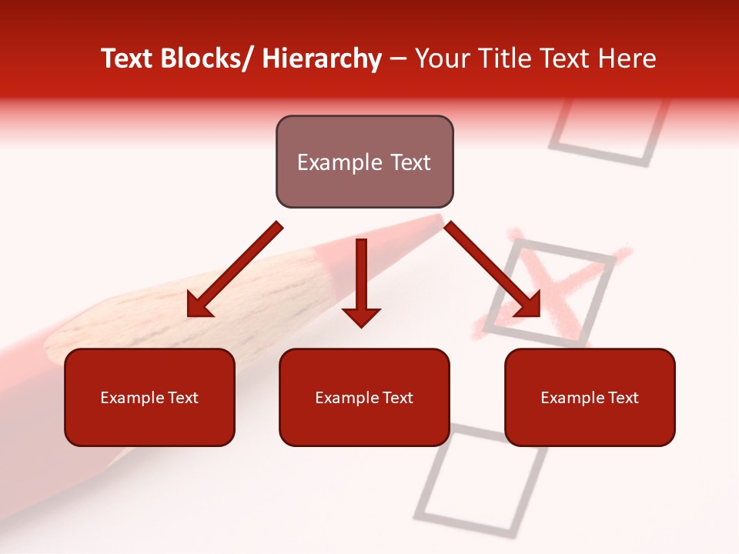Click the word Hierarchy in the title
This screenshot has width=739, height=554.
tap(322, 58)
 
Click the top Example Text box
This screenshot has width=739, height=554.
tap(364, 162)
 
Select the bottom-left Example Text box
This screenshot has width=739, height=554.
tap(149, 397)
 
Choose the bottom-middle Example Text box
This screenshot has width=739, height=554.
tap(364, 397)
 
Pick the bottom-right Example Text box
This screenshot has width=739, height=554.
tap(590, 397)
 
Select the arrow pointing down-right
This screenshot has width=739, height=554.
tap(493, 270)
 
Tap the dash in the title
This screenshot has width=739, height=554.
tap(398, 60)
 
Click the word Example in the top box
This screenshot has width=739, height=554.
tap(336, 162)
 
